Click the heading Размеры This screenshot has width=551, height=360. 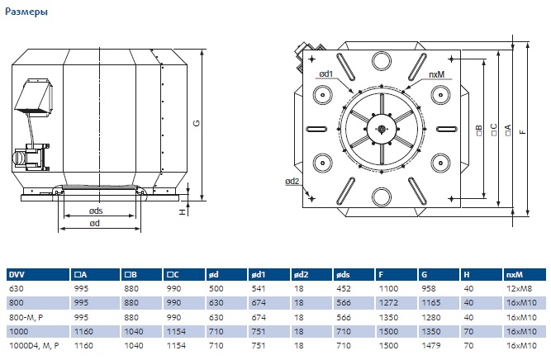click(26, 12)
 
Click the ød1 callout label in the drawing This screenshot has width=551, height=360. click(325, 73)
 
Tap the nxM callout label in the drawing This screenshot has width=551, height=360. click(436, 74)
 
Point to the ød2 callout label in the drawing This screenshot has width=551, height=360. click(292, 181)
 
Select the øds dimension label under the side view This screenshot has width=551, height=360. click(96, 211)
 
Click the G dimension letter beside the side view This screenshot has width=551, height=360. click(197, 123)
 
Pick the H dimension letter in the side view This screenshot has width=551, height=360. click(183, 212)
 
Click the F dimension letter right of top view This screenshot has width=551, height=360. click(523, 132)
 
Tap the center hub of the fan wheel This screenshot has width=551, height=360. click(382, 130)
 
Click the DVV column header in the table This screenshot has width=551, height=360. click(17, 275)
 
